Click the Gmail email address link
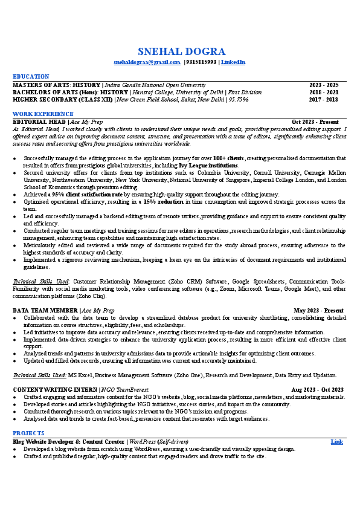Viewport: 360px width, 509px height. [x=147, y=62]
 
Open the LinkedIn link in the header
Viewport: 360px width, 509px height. [x=233, y=62]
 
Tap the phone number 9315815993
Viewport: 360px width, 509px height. [x=202, y=62]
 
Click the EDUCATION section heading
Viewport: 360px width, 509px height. [x=31, y=76]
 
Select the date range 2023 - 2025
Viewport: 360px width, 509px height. [x=324, y=85]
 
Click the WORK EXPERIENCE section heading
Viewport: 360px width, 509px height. [x=43, y=114]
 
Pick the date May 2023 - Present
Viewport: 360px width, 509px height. [x=318, y=310]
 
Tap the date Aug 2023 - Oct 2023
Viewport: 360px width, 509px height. [x=317, y=390]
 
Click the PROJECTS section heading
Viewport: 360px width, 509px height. [x=28, y=433]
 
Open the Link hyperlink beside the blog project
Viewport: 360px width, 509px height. [x=337, y=441]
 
